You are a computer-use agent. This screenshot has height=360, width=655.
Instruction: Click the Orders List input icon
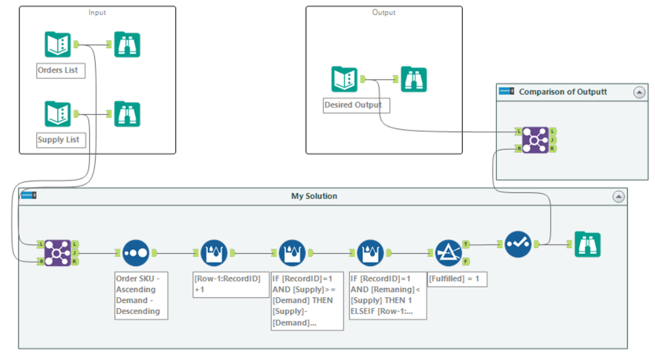(x=58, y=45)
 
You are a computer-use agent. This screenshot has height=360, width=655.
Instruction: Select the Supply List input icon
(x=58, y=114)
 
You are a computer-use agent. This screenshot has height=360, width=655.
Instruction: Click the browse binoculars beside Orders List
(x=127, y=45)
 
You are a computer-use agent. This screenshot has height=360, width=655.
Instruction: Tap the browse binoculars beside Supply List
(x=127, y=114)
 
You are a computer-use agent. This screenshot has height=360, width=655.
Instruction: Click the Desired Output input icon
(x=344, y=79)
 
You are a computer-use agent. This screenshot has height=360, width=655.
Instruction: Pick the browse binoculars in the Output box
(x=414, y=79)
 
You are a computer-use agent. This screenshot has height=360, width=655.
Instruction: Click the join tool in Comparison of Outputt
(x=536, y=140)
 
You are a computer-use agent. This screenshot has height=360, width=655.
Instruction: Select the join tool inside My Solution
(x=58, y=252)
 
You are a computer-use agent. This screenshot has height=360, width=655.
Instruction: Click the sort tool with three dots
(x=136, y=252)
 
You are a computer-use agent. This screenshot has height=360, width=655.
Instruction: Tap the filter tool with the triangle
(x=448, y=252)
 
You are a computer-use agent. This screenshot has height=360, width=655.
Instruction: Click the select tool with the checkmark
(x=518, y=245)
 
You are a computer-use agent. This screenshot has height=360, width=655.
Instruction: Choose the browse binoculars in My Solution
(x=587, y=245)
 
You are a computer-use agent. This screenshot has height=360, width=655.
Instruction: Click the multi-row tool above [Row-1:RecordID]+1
(x=214, y=252)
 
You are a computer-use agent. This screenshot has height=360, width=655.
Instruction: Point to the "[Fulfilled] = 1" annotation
(x=457, y=279)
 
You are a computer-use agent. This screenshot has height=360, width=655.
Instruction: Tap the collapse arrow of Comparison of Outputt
(x=639, y=92)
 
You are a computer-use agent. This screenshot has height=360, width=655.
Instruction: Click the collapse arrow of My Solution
(x=618, y=197)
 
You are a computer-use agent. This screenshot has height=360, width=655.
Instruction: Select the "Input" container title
(x=97, y=12)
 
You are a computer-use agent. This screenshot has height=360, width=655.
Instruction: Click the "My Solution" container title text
(x=314, y=196)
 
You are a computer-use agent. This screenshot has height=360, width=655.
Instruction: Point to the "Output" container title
(x=384, y=12)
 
